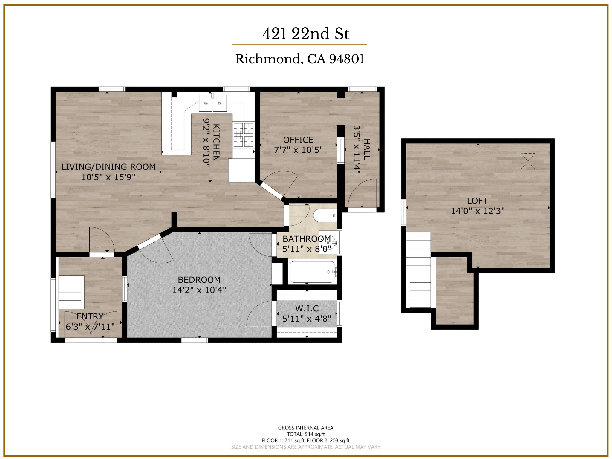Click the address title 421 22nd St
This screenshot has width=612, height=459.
tap(306, 33)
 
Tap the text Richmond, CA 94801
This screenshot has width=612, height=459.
tap(300, 59)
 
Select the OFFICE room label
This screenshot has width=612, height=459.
tap(298, 140)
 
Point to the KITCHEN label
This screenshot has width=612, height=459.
tap(216, 142)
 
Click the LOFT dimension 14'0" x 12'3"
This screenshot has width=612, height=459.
tap(478, 211)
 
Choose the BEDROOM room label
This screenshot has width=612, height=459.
tap(199, 280)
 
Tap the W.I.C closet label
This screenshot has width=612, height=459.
tap(307, 308)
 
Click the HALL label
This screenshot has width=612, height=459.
tap(367, 149)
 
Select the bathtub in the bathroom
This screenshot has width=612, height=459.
tap(313, 272)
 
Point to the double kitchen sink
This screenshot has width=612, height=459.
tap(213, 103)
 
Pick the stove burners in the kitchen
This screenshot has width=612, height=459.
tap(243, 135)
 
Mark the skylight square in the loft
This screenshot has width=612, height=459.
tap(528, 161)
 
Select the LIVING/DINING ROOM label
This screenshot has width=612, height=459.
tap(108, 167)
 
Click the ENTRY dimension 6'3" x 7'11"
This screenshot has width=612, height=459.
tap(90, 327)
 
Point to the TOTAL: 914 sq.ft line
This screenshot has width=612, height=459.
tap(306, 434)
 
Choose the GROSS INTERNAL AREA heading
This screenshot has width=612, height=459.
tap(306, 428)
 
